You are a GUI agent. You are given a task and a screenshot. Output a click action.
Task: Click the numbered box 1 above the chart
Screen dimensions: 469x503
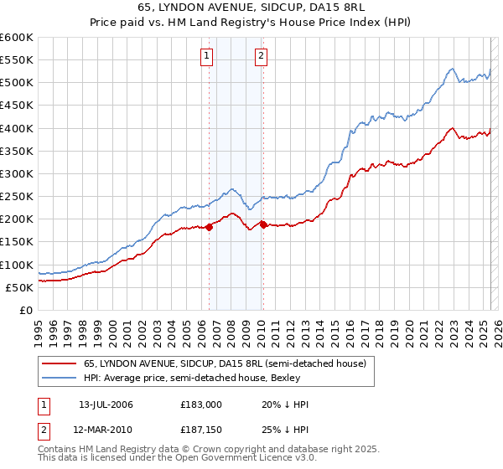click(x=206, y=57)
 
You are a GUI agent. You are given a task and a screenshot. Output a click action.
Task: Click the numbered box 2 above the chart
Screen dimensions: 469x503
click(x=261, y=57)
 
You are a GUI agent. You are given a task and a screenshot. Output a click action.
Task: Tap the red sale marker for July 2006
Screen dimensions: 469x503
click(x=209, y=226)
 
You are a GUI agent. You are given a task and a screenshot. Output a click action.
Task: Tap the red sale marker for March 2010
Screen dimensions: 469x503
click(x=263, y=224)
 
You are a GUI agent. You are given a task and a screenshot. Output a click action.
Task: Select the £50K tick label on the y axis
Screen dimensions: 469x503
click(x=19, y=287)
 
